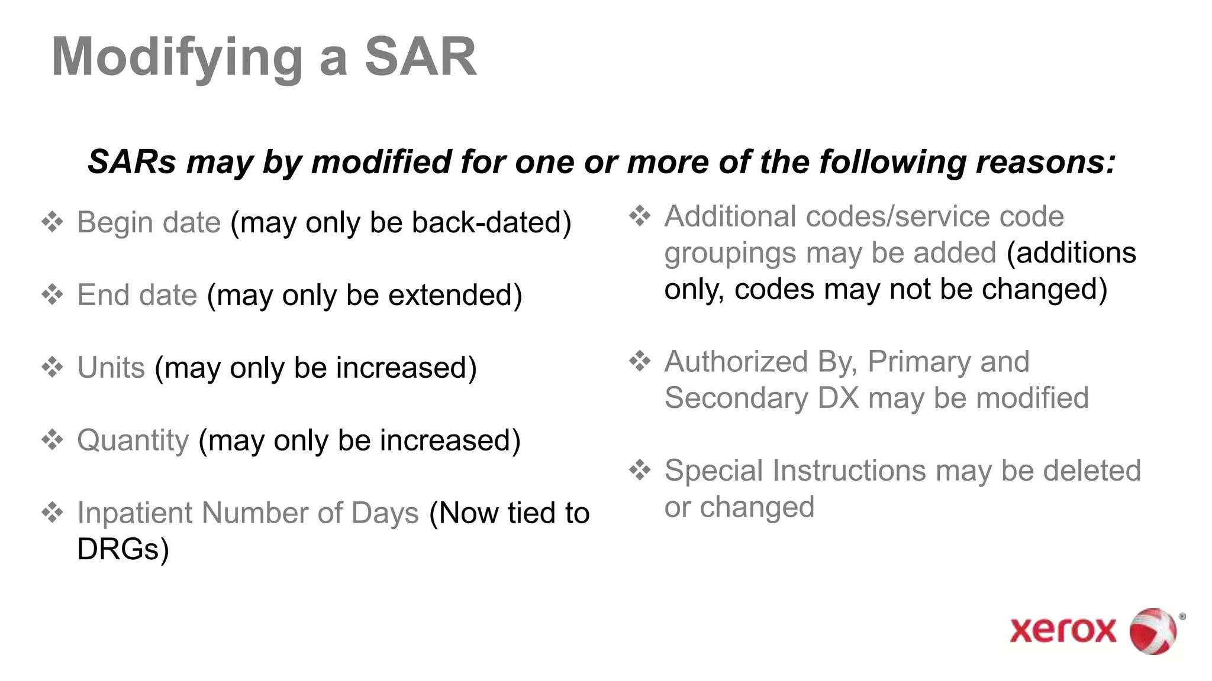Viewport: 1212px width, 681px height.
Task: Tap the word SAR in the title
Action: pyautogui.click(x=420, y=57)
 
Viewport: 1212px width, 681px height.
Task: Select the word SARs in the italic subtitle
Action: pyautogui.click(x=132, y=161)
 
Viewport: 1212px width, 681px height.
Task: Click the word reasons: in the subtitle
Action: pyautogui.click(x=1046, y=161)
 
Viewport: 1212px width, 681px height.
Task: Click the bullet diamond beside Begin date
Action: pyautogui.click(x=53, y=222)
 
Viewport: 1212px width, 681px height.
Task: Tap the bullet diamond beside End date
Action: pyautogui.click(x=53, y=294)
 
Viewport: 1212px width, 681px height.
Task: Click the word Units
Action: pyautogui.click(x=111, y=367)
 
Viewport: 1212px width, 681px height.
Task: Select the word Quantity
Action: pyautogui.click(x=133, y=440)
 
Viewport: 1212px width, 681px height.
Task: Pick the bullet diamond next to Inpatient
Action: pyautogui.click(x=53, y=513)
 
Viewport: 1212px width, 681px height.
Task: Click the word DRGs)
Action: pyautogui.click(x=123, y=549)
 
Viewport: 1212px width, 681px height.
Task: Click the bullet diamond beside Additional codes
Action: pyautogui.click(x=640, y=216)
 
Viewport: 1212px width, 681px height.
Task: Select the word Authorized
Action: pyautogui.click(x=736, y=361)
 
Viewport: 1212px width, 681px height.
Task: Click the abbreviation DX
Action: pyautogui.click(x=838, y=398)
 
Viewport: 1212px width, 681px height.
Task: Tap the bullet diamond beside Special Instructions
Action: pyautogui.click(x=640, y=471)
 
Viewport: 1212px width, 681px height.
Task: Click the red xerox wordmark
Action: pyautogui.click(x=1063, y=630)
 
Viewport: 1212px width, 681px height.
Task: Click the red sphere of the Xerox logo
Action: pyautogui.click(x=1153, y=631)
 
